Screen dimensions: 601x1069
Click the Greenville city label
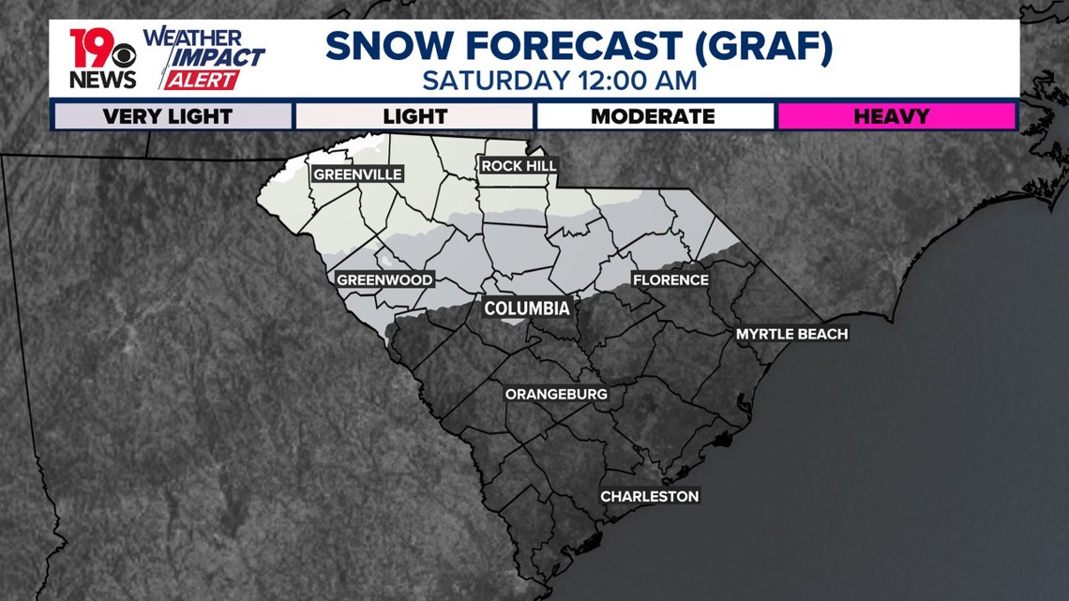pos(357,174)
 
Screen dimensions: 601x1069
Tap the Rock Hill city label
pos(519,166)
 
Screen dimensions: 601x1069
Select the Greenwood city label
pos(384,280)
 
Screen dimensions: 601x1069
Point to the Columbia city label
pos(526,308)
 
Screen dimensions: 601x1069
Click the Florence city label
pos(670,280)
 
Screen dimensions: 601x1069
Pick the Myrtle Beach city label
pos(791,334)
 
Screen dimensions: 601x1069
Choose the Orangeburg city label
pos(556,394)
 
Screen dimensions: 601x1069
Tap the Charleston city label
pos(650,496)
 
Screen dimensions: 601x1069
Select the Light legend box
pos(414,117)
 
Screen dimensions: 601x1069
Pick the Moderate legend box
pos(653,117)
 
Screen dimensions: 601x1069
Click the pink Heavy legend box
pos(895,117)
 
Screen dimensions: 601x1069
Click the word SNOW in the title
pos(384,47)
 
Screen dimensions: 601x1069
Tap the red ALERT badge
pos(201,81)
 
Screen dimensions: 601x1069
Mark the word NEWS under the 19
pos(102,80)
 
